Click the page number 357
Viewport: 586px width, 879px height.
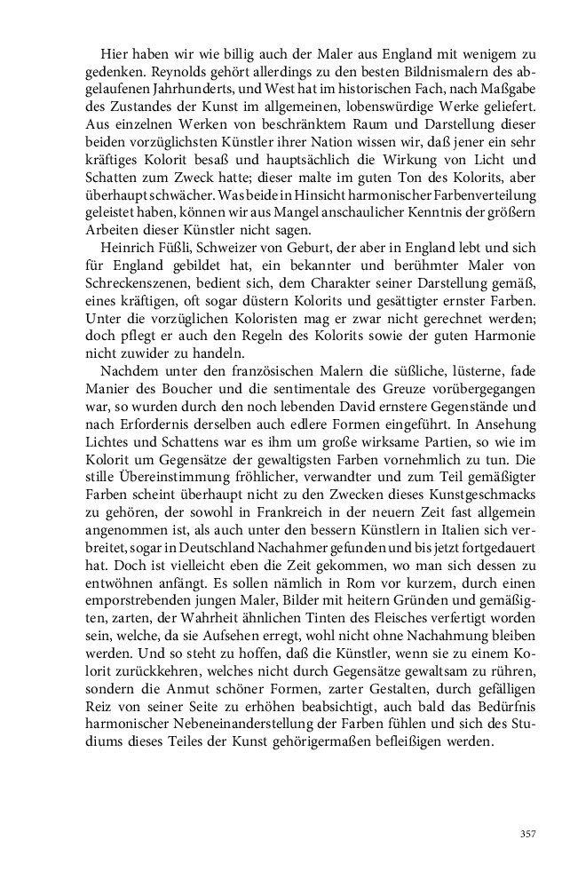point(528,833)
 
